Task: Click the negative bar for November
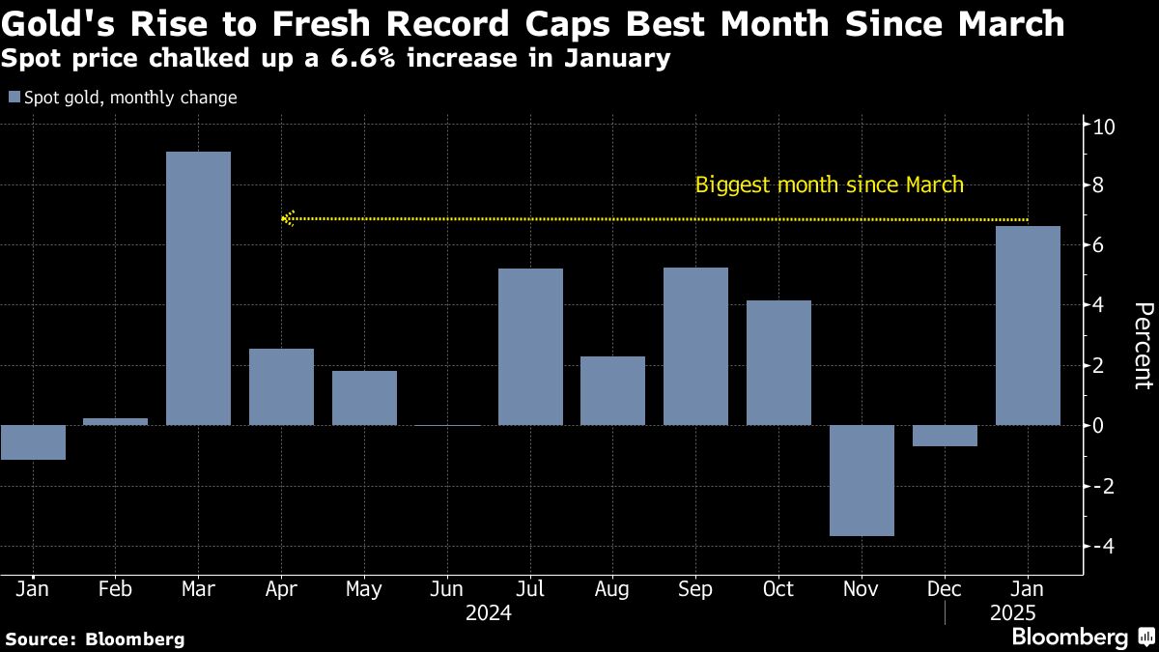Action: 862,480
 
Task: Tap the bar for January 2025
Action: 1028,326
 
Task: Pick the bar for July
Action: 530,347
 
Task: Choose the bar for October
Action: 778,362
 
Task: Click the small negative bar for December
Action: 945,436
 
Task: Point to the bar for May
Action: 364,398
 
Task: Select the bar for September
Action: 695,346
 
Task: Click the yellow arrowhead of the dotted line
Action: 285,219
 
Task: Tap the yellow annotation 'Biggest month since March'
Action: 829,184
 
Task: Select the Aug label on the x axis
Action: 612,589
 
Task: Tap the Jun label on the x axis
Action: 447,589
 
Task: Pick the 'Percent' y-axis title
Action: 1143,345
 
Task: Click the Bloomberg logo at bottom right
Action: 1069,637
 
